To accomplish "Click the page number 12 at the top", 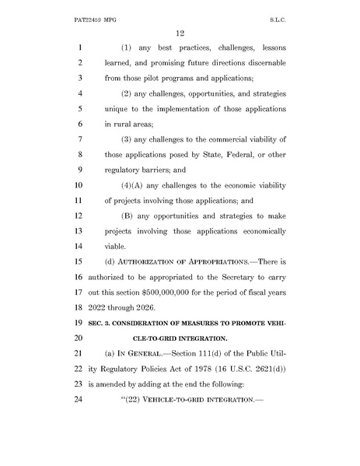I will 179,31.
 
